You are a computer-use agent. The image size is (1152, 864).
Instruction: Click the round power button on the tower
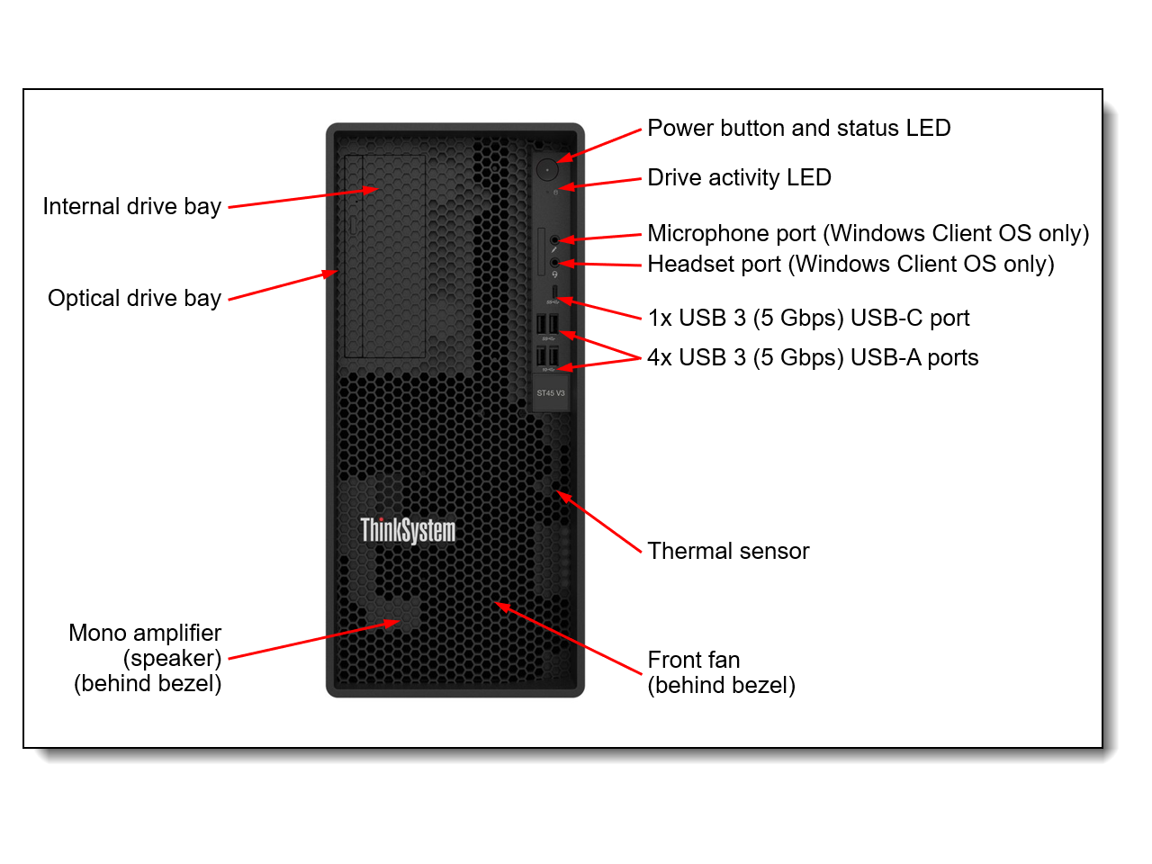(547, 168)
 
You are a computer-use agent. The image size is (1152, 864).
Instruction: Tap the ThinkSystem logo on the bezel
(408, 530)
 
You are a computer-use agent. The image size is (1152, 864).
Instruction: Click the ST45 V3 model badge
(551, 393)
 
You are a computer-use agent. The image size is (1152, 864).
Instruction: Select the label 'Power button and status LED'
(798, 128)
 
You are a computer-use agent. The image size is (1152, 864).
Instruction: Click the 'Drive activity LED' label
(739, 177)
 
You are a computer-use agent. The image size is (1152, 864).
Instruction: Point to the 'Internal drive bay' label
(132, 206)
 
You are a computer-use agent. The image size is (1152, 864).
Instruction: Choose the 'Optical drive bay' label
(134, 298)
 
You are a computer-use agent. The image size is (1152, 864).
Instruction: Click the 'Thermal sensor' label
(728, 551)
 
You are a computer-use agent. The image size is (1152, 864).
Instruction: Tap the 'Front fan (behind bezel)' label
(721, 672)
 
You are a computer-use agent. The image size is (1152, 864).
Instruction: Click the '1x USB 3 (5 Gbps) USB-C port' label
(808, 318)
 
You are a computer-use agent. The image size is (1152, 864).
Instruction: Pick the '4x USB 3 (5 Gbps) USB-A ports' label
(813, 357)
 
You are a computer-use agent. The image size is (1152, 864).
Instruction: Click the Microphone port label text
(868, 233)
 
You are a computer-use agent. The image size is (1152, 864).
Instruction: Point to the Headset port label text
(850, 264)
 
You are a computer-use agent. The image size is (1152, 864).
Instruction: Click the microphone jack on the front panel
(554, 239)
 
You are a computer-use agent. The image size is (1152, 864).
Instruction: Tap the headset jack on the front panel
(554, 263)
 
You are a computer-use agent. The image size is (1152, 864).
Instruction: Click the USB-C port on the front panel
(555, 292)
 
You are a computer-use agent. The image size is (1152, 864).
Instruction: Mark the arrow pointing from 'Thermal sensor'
(599, 522)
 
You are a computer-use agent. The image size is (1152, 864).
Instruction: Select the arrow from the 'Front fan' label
(569, 638)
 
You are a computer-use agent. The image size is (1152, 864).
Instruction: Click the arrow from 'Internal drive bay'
(302, 198)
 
